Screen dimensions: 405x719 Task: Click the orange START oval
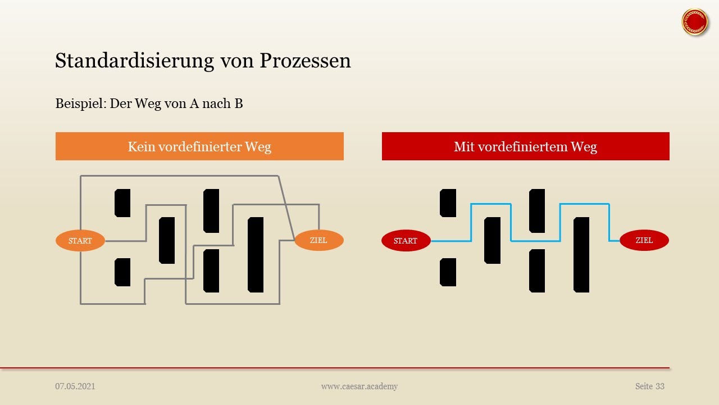(80, 241)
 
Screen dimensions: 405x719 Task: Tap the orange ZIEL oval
(318, 240)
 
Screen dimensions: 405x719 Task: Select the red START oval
(406, 241)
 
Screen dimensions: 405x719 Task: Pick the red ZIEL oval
(644, 240)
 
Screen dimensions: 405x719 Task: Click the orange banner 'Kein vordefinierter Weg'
(199, 146)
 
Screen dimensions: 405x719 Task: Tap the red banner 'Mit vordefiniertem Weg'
(525, 146)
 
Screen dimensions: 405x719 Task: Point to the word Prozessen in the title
(305, 61)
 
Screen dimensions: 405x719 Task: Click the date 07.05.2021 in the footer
(75, 386)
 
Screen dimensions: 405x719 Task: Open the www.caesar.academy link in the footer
(359, 386)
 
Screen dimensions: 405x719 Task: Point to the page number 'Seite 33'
(650, 386)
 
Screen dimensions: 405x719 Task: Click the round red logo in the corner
(694, 22)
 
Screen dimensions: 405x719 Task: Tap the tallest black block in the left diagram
(256, 254)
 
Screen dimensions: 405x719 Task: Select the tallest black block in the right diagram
(581, 254)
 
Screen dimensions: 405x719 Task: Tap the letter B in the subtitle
(238, 103)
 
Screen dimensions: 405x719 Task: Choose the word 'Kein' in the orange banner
(141, 147)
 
